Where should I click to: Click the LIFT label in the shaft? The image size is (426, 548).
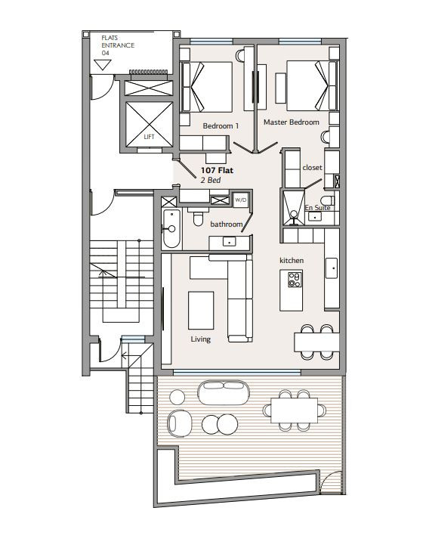(149, 137)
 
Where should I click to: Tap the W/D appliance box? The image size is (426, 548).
(241, 200)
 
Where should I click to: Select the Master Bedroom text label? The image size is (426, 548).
(292, 122)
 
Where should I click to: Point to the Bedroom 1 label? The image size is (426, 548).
(221, 125)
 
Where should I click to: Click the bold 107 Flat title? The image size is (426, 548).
(217, 171)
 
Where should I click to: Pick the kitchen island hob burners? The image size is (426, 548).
(295, 279)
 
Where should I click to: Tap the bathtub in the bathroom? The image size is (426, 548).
(171, 228)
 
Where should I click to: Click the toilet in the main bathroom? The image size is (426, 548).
(198, 217)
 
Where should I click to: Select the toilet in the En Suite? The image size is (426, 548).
(328, 200)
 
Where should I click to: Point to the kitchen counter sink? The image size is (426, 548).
(332, 268)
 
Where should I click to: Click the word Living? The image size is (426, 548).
(200, 339)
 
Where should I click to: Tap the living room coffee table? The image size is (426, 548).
(201, 311)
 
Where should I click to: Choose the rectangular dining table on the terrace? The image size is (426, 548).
(295, 410)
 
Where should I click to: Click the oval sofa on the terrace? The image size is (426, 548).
(224, 392)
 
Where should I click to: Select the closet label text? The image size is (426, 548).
(312, 168)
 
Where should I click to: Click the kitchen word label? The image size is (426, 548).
(292, 261)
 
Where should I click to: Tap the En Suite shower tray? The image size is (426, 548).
(293, 208)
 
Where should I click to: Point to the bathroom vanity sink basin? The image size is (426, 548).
(229, 241)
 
